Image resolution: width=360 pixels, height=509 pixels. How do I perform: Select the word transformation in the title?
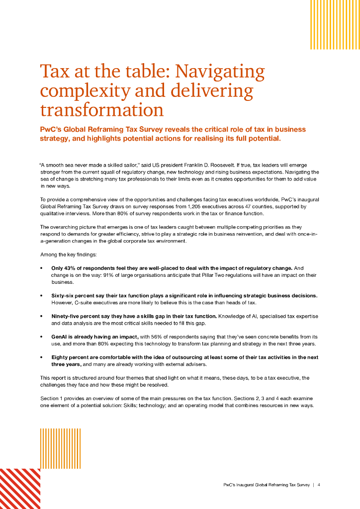click(x=101, y=109)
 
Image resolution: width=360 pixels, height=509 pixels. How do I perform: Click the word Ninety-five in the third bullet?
click(x=67, y=316)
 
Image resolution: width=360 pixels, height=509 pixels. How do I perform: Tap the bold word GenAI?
click(x=60, y=337)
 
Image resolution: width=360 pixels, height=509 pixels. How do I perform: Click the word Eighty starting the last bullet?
click(x=62, y=357)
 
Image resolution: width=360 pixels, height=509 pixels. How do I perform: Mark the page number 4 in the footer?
click(x=319, y=485)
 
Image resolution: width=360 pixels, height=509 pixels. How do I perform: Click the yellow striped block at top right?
click(x=328, y=24)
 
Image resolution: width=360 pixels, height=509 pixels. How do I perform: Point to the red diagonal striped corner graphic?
click(x=20, y=489)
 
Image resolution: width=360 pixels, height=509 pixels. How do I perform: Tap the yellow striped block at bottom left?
click(x=60, y=448)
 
